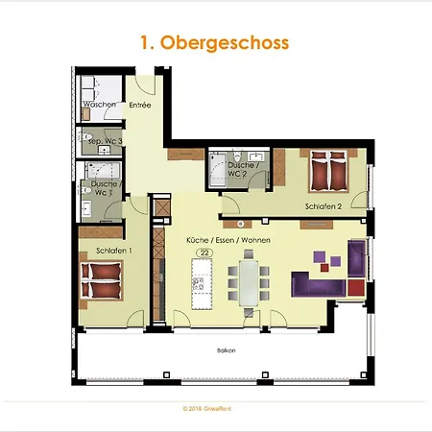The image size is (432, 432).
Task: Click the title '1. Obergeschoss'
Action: (215, 43)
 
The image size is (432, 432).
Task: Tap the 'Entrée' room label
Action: (140, 105)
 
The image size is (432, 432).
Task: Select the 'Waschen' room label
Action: (99, 105)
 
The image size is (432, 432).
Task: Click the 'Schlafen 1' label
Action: (112, 251)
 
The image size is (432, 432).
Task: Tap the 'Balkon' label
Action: (226, 350)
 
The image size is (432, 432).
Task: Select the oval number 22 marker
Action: (204, 252)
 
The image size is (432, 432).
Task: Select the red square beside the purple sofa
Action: (356, 286)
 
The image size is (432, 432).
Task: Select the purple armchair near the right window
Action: (357, 256)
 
